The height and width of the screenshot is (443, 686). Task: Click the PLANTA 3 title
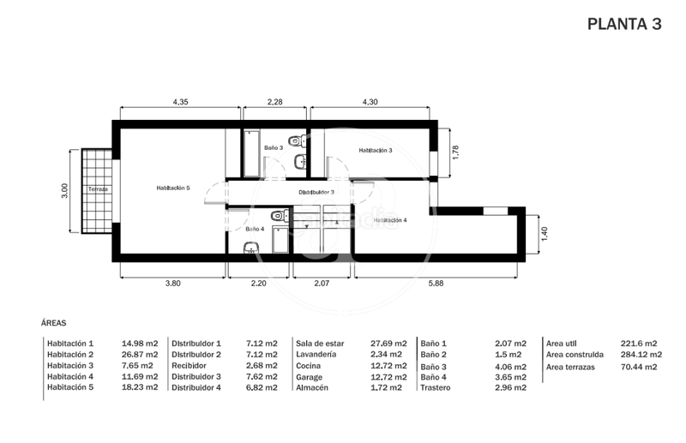pyautogui.click(x=624, y=24)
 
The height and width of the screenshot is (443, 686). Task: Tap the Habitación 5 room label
pyautogui.click(x=172, y=188)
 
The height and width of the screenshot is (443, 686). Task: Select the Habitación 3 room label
pyautogui.click(x=376, y=150)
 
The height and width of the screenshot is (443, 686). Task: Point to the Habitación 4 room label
pyautogui.click(x=389, y=220)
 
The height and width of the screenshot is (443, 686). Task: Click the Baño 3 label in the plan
pyautogui.click(x=274, y=148)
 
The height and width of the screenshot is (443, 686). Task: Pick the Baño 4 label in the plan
pyautogui.click(x=255, y=229)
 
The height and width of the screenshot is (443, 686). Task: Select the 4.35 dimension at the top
pyautogui.click(x=180, y=102)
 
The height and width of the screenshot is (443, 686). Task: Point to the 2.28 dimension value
pyautogui.click(x=275, y=102)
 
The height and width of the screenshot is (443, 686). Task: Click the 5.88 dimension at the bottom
pyautogui.click(x=438, y=283)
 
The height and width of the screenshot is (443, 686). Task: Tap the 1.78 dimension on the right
pyautogui.click(x=456, y=153)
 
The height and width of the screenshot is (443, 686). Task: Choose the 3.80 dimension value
pyautogui.click(x=172, y=283)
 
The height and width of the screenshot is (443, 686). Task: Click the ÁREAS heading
pyautogui.click(x=54, y=324)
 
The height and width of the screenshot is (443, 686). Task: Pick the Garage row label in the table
pyautogui.click(x=310, y=376)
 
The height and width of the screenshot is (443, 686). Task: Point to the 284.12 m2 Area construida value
pyautogui.click(x=639, y=354)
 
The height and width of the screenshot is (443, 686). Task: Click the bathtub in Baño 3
pyautogui.click(x=252, y=154)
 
